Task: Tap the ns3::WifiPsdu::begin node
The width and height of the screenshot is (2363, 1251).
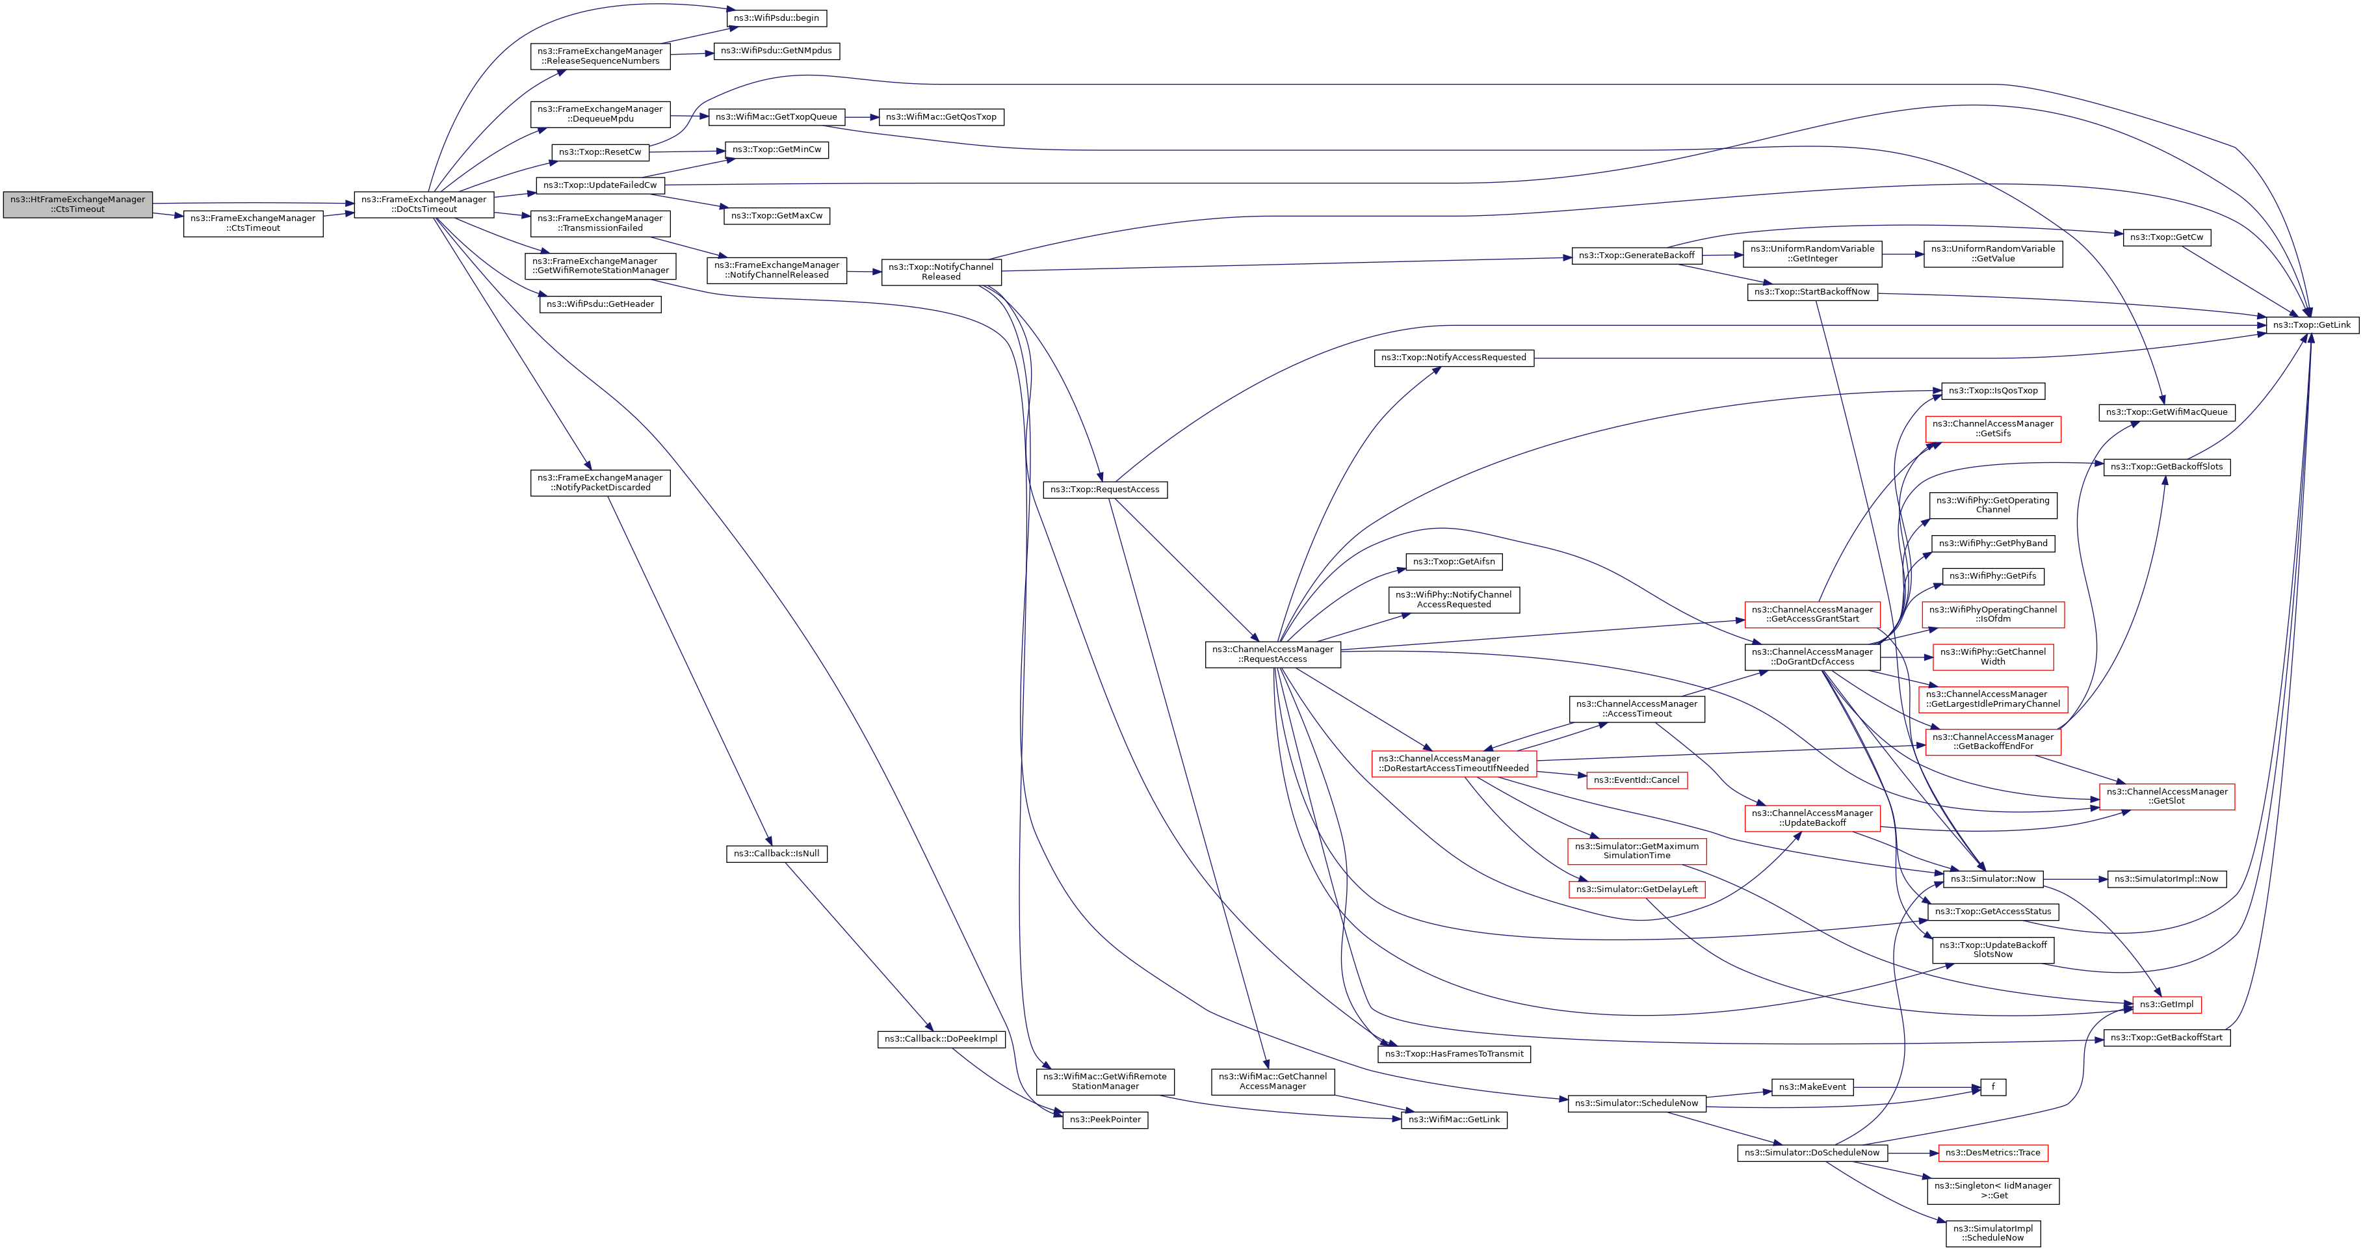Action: pos(776,18)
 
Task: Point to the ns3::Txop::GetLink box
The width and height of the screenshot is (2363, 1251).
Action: pos(2312,325)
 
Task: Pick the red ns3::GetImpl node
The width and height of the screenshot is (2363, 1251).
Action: pos(2166,1004)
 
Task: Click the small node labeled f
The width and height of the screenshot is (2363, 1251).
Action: pos(1992,1086)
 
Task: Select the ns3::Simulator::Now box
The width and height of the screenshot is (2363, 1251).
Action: pos(1992,879)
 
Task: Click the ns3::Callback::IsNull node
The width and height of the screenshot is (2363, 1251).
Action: pos(776,854)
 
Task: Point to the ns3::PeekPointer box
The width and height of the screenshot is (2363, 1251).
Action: pos(1104,1120)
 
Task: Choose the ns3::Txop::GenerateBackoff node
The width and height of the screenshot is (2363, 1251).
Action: pos(1636,255)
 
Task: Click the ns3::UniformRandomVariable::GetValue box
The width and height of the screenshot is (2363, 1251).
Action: pos(1992,254)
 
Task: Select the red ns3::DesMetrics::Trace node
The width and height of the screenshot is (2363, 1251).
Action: pos(1992,1153)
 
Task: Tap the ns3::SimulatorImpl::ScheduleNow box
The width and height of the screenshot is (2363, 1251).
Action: pos(1992,1233)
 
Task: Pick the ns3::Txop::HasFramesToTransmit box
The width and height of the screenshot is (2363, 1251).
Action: pos(1454,1054)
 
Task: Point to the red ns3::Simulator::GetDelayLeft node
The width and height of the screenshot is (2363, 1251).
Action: pos(1636,889)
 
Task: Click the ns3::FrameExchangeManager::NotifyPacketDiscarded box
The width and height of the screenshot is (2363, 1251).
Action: pos(600,482)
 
